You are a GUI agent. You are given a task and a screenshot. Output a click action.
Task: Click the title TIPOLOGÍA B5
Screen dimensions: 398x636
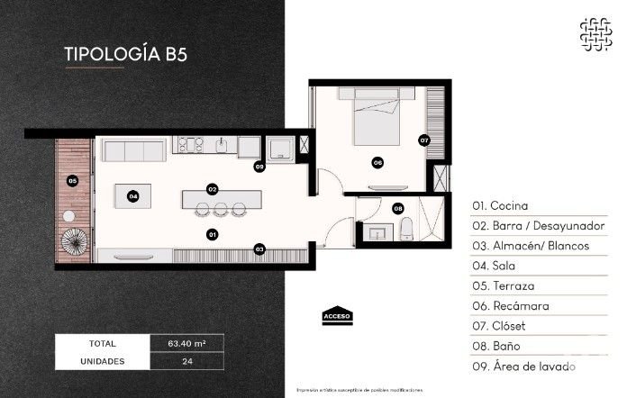(126, 52)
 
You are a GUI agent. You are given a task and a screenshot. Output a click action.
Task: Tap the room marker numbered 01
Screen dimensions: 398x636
(213, 234)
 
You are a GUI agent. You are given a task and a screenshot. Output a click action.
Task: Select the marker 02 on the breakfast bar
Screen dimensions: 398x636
(213, 189)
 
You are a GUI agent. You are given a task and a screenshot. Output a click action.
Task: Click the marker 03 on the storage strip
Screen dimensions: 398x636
(259, 249)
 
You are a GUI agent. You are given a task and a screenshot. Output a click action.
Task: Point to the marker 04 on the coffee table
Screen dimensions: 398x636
(132, 195)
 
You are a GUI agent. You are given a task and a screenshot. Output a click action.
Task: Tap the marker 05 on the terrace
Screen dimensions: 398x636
(73, 181)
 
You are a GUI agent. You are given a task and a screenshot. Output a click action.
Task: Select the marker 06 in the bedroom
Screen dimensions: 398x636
(377, 163)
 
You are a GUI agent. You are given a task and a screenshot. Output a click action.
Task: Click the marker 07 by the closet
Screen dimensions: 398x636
(424, 140)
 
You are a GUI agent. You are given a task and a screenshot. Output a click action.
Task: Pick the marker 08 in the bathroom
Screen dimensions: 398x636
(398, 209)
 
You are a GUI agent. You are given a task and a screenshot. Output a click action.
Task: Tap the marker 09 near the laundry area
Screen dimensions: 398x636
(259, 167)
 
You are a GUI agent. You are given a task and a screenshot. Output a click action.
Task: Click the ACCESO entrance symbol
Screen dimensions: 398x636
(337, 314)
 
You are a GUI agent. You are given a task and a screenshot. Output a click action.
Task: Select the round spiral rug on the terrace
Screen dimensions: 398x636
(72, 240)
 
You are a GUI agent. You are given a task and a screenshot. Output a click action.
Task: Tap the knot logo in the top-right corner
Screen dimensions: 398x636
(595, 34)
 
